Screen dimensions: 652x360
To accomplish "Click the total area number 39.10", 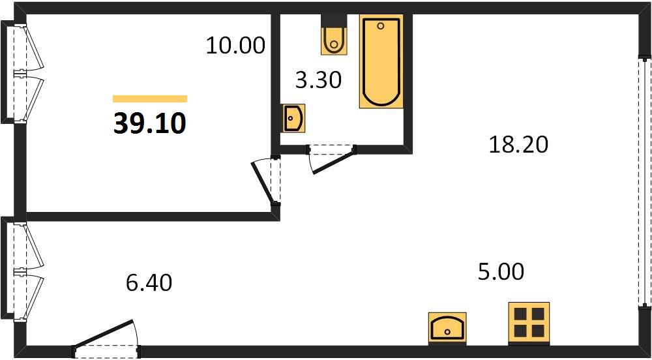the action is pos(149,124).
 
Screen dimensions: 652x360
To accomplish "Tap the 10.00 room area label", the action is pos(235,45).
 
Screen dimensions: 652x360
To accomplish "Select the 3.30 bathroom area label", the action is pos(318,80).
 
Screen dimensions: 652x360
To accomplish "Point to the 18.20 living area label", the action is pos(518,145).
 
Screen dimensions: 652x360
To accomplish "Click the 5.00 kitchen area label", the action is pos(500,273).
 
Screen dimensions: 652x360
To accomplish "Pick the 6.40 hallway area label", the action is pos(149,283).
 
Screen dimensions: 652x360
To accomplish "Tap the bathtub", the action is pos(381,61).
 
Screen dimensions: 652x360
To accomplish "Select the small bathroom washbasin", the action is pos(293,118).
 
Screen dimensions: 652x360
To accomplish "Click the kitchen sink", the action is pos(447,328).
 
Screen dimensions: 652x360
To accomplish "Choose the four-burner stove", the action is pos(529,323).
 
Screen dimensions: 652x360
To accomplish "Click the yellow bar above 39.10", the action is pos(150,98).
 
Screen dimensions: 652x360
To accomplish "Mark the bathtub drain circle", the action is pos(381,26).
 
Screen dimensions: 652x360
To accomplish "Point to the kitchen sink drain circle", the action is pos(447,331).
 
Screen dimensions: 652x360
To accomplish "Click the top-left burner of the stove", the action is pos(520,314).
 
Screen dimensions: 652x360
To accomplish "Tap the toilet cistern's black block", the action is pos(333,22).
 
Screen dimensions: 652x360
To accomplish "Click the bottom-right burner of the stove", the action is pos(538,331).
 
